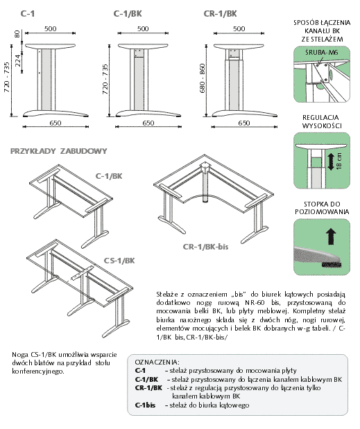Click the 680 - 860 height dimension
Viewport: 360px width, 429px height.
[203, 78]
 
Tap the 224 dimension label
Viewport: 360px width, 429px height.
[17, 60]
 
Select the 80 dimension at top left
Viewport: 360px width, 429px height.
[17, 34]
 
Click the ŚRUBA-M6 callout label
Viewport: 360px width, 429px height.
[321, 52]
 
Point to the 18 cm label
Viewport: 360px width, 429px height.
[339, 161]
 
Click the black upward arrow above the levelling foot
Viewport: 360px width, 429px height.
[331, 236]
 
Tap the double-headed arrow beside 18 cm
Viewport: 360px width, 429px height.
[331, 161]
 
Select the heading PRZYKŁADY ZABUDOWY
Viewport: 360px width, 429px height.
[58, 151]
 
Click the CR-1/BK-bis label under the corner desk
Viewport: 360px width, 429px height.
[205, 247]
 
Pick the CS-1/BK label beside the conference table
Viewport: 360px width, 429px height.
[119, 261]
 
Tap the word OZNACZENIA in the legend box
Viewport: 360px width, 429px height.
[156, 362]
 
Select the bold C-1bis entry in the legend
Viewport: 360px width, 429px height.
[145, 405]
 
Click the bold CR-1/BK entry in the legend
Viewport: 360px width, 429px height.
[148, 387]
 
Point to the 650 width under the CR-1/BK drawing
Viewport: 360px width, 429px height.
[243, 123]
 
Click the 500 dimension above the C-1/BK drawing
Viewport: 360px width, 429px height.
[143, 28]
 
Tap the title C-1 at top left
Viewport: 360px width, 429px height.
[27, 14]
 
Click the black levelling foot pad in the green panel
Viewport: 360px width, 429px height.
[332, 265]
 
